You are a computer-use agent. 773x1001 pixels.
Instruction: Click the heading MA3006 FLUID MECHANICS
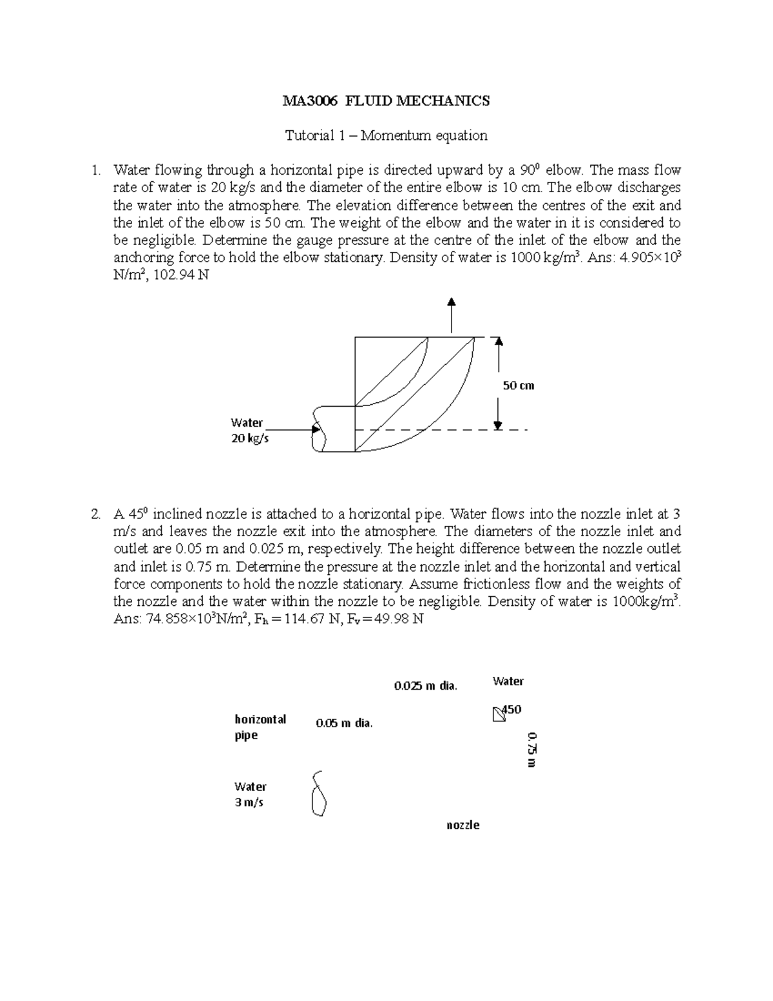(x=386, y=101)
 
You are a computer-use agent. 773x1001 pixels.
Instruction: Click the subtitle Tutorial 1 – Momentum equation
(x=386, y=135)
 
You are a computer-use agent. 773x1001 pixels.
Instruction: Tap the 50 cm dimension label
(x=519, y=385)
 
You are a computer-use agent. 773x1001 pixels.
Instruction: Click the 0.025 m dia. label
(x=425, y=686)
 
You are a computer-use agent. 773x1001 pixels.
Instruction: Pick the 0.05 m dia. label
(x=344, y=723)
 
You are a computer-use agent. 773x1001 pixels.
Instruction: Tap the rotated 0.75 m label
(x=531, y=749)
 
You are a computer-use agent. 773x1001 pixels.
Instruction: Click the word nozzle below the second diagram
(x=463, y=825)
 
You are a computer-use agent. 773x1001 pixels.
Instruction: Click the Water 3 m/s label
(x=251, y=794)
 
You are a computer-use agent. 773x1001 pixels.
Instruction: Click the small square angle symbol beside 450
(x=497, y=715)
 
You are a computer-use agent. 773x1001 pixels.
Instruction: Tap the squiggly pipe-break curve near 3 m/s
(x=318, y=793)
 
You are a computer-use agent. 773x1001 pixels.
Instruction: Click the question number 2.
(x=95, y=514)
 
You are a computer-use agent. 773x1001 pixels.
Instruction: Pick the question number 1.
(x=95, y=171)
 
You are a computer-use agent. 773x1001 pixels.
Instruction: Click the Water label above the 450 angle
(x=508, y=681)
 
